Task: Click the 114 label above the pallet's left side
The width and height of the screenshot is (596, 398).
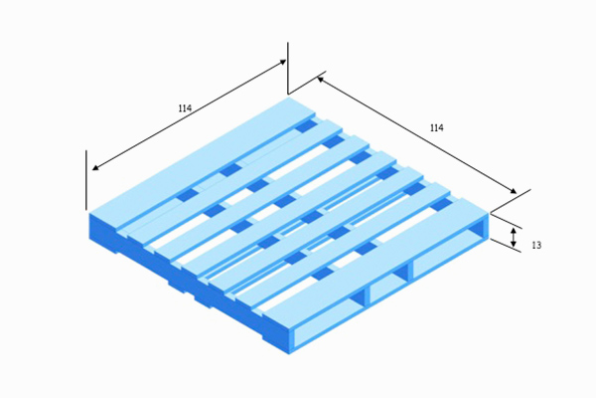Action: [185, 108]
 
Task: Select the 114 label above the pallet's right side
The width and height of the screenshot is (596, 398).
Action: [437, 128]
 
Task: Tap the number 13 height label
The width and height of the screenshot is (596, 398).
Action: [536, 246]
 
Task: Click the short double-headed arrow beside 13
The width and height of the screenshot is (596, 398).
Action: [514, 237]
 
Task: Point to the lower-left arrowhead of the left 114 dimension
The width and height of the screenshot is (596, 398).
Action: [95, 167]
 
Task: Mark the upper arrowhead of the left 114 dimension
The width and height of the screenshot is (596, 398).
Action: [283, 61]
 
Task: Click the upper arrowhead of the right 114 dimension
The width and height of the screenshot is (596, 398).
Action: [320, 79]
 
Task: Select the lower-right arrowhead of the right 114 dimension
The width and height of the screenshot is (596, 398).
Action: [514, 191]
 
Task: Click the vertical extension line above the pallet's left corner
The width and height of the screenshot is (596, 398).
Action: [86, 180]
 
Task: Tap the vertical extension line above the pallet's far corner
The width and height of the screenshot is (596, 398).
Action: [288, 68]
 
